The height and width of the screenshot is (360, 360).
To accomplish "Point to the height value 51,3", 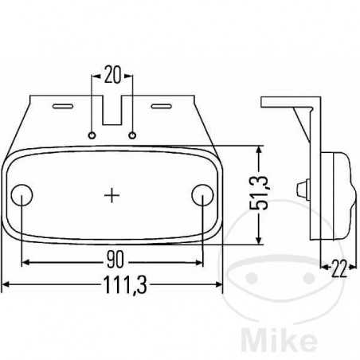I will [x=269, y=195].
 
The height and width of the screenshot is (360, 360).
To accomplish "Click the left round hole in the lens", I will [x=24, y=194].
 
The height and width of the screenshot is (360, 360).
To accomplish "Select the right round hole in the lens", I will [x=203, y=194].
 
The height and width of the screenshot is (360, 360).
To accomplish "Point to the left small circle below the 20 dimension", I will [x=94, y=132].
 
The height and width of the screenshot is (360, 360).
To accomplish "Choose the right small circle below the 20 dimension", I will [x=133, y=132].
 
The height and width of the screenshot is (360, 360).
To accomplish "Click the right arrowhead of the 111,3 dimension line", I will [x=221, y=284].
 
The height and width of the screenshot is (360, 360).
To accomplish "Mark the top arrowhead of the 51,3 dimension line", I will [x=257, y=150].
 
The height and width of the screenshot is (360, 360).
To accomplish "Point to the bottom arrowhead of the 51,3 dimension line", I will [x=257, y=241].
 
